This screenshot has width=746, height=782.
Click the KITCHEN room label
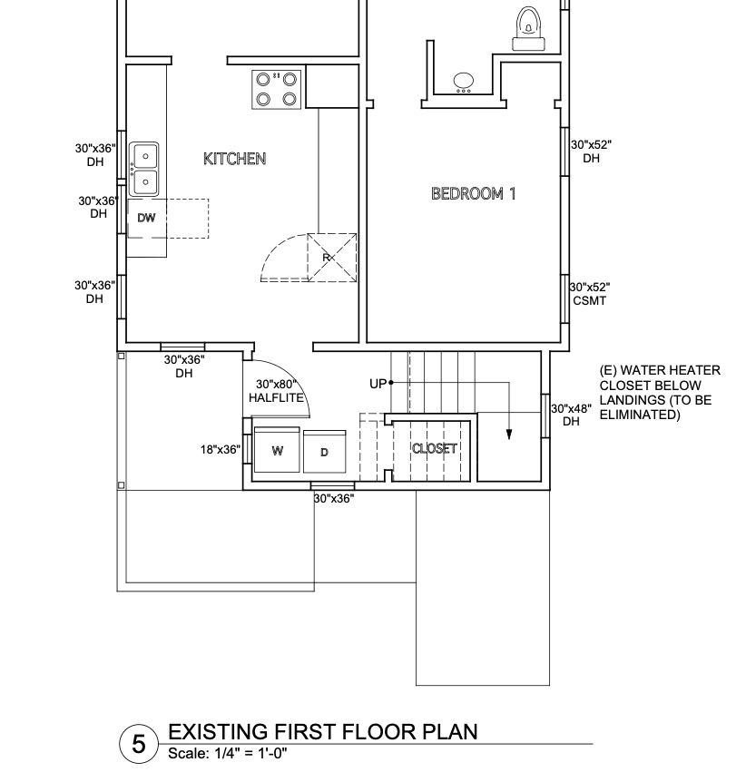pos(234,159)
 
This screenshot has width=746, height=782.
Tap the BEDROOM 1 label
pos(473,193)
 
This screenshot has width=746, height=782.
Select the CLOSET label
pos(434,448)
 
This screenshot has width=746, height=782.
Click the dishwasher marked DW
pos(147,218)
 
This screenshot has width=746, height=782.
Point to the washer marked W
pos(277,450)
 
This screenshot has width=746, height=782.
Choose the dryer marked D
pos(324,452)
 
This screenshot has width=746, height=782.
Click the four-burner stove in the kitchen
pos(277,89)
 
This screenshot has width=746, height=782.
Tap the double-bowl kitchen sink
pos(143,169)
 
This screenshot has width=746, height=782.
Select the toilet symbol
pos(528,29)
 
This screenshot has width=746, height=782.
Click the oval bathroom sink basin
pos(464,81)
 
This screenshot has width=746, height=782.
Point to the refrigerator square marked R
pos(332,258)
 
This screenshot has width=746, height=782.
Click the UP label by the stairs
pos(378,384)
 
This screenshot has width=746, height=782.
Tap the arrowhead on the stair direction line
pos(509,435)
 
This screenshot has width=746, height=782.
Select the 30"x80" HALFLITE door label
pos(277,391)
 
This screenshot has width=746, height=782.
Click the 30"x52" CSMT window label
pos(590,294)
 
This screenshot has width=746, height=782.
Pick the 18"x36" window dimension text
pos(220,449)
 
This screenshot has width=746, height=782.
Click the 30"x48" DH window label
pos(572,415)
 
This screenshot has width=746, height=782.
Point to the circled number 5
pos(139,744)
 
